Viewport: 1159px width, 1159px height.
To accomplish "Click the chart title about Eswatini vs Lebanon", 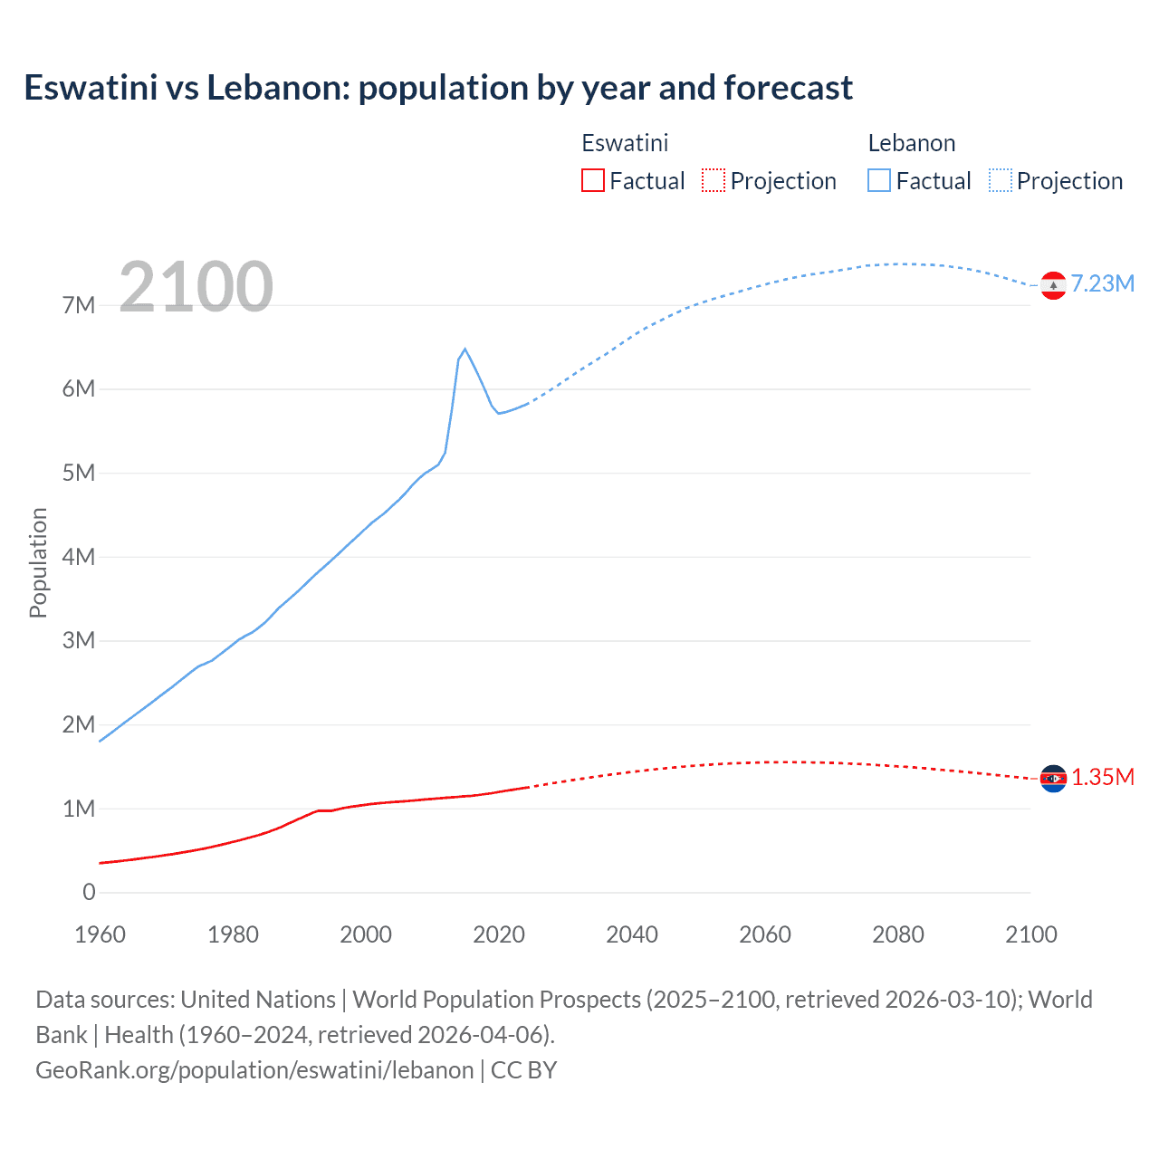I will coord(438,88).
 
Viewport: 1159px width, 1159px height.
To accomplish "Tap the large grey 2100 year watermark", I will coord(196,286).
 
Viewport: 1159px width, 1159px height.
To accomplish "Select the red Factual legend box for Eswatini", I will coord(592,180).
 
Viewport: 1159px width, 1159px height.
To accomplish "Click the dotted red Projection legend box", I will coord(714,180).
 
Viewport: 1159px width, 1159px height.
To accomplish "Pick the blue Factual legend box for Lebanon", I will coord(879,180).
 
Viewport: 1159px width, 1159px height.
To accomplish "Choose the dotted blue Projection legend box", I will coord(1001,180).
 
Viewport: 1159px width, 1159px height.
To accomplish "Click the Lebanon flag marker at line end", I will coord(1053,285).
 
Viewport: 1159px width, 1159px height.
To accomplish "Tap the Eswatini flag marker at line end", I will coord(1053,778).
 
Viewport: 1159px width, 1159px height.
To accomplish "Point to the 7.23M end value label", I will coord(1103,284).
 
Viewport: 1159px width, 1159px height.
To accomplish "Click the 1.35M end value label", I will coord(1103,778).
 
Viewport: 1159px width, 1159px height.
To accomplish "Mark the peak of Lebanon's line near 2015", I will coord(465,349).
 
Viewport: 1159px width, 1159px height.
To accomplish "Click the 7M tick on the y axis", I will coord(79,305).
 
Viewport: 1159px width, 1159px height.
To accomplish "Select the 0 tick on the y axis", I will coord(89,892).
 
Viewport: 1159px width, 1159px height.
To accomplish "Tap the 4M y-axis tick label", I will coord(79,557).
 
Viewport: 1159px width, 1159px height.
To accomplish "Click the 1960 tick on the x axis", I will coord(100,934).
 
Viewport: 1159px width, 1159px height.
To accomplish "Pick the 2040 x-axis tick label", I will coord(632,934).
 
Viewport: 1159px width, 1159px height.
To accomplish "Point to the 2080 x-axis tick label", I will coord(898,934).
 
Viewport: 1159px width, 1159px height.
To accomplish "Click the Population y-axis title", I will coord(38,562).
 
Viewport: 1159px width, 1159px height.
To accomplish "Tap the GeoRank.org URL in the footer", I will coord(254,1070).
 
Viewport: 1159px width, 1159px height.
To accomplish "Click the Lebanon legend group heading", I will coord(912,143).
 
